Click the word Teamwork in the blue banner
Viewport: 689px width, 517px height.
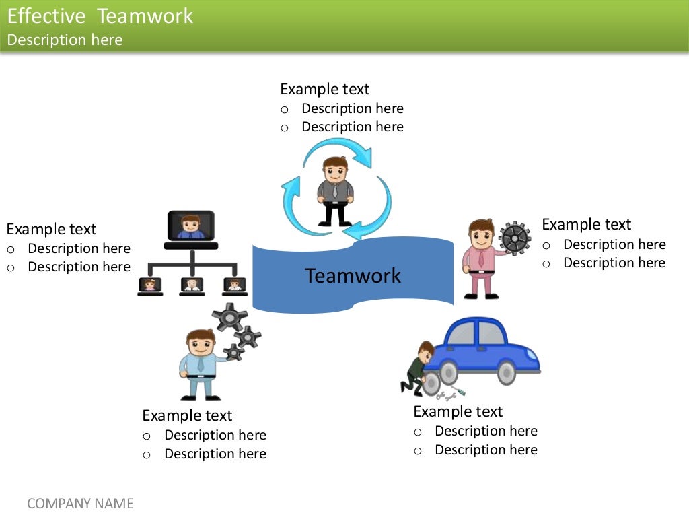click(353, 276)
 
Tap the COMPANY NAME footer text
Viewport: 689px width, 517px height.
click(80, 504)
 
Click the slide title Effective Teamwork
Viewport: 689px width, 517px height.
click(100, 16)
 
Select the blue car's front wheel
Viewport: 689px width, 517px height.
click(506, 372)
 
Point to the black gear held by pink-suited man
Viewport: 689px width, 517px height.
click(515, 238)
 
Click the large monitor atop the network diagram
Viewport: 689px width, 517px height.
click(191, 226)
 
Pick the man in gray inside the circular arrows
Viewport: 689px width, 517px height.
click(334, 191)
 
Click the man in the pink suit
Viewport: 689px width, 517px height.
click(481, 258)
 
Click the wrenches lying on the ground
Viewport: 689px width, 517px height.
click(451, 394)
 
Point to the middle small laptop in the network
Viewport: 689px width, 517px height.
click(192, 285)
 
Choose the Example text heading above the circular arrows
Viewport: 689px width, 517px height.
click(324, 89)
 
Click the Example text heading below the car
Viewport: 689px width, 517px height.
click(458, 411)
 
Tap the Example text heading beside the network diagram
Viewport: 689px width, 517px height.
click(51, 229)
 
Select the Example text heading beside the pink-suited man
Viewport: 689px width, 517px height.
click(586, 224)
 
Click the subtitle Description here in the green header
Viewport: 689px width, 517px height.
click(65, 40)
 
